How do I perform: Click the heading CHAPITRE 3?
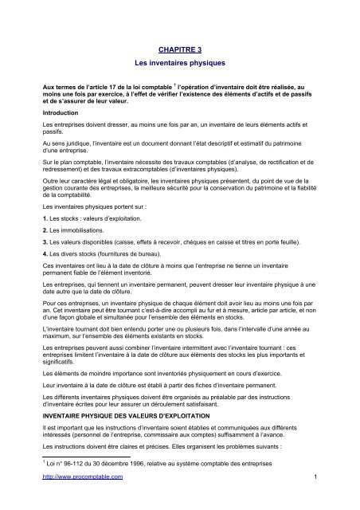click(x=179, y=49)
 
